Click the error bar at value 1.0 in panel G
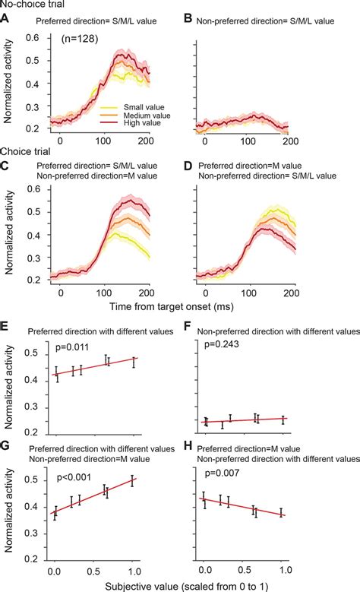click(134, 480)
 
